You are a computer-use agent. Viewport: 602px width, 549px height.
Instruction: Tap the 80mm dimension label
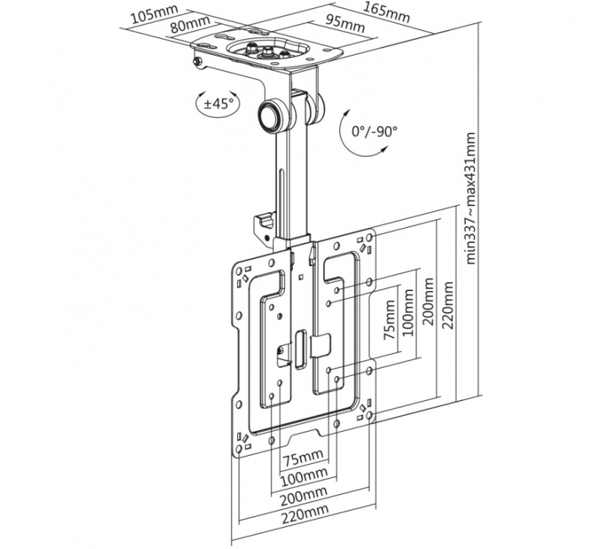click(190, 26)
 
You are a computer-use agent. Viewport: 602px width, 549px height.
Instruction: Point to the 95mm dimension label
click(345, 23)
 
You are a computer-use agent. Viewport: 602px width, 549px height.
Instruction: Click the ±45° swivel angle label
click(218, 104)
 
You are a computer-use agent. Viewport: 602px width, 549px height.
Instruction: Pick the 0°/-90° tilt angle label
click(374, 132)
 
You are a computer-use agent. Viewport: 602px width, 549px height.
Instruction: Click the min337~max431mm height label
click(471, 199)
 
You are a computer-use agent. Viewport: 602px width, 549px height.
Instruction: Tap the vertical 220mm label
click(448, 305)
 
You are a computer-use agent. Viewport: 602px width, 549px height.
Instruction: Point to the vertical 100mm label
click(408, 312)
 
